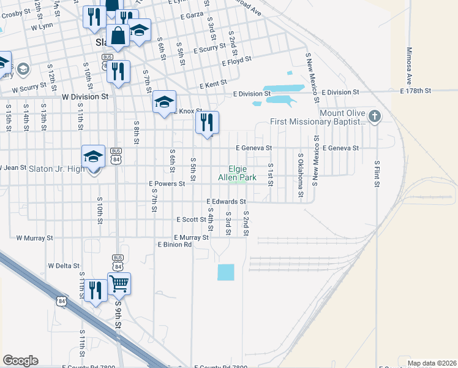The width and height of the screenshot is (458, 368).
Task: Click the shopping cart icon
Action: click(x=119, y=283)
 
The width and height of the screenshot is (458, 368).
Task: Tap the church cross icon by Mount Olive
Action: click(x=375, y=116)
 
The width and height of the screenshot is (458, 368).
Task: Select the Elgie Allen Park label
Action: click(x=242, y=173)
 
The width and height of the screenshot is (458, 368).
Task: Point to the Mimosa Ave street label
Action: click(x=409, y=66)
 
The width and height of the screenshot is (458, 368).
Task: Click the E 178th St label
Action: click(x=416, y=91)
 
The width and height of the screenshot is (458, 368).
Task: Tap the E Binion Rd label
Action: click(x=175, y=244)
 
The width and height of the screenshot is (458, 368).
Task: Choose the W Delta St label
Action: click(x=64, y=266)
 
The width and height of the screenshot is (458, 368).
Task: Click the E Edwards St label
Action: click(x=226, y=201)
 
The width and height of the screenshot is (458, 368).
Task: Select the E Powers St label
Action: click(x=167, y=183)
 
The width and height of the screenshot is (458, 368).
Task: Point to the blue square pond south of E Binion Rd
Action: click(x=226, y=272)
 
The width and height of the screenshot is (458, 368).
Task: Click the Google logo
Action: click(x=20, y=361)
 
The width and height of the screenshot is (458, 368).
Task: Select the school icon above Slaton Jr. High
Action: click(x=94, y=156)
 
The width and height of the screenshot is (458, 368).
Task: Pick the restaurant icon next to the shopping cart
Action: click(x=95, y=290)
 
